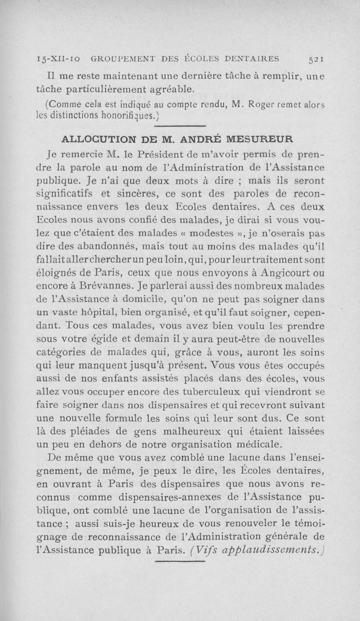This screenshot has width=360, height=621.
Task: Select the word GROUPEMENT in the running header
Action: tap(117, 58)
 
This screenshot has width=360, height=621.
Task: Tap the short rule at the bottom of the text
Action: tap(180, 561)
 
